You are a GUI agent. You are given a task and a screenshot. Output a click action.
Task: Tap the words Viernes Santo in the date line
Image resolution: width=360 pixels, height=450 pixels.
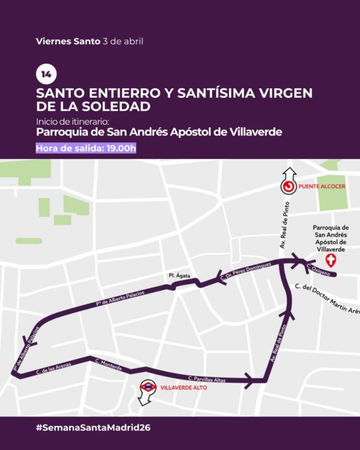click(68, 41)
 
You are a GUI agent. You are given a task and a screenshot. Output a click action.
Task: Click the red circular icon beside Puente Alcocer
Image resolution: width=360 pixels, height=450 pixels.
click(288, 187)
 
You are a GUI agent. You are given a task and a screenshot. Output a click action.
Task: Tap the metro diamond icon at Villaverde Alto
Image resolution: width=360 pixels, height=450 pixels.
click(148, 387)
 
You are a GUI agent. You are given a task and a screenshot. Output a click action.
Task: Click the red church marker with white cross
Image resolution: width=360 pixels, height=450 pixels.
click(331, 261)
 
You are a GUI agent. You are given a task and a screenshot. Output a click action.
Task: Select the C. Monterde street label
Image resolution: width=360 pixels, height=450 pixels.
click(108, 364)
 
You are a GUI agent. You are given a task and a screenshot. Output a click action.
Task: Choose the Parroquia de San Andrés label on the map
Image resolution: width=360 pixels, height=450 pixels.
click(331, 238)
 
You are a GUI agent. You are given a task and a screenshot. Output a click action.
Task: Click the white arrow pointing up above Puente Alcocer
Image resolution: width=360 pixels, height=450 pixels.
click(288, 174)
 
